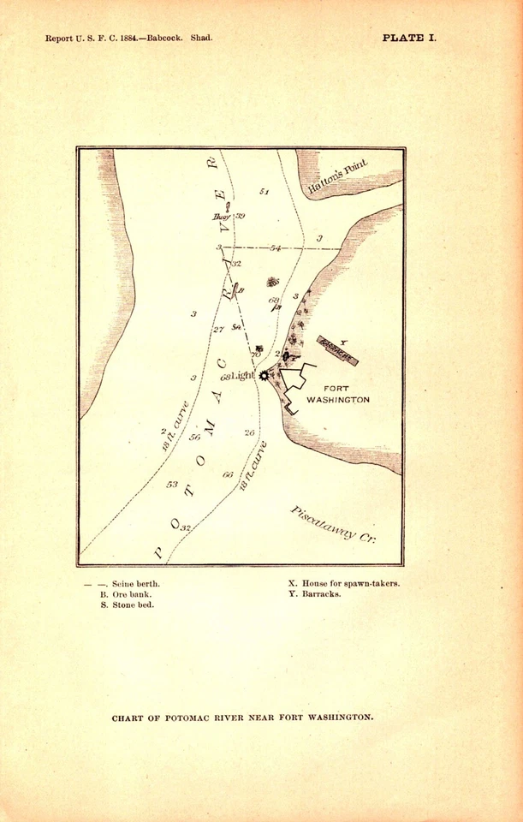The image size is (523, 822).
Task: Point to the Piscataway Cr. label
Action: click(333, 523)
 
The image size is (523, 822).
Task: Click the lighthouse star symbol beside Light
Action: click(264, 375)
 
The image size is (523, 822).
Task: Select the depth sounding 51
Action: click(264, 192)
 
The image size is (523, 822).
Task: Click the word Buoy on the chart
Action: click(223, 217)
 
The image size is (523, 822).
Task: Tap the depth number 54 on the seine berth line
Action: click(275, 247)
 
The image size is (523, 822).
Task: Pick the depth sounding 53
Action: click(172, 484)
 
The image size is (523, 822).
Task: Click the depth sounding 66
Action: click(228, 474)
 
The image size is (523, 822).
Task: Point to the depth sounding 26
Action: click(249, 432)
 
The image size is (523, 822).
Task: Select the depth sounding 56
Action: click(194, 438)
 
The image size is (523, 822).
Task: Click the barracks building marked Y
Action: click(337, 349)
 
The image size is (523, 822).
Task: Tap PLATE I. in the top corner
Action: click(408, 38)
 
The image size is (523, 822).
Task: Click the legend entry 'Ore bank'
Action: click(130, 593)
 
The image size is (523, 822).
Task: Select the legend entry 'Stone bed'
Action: click(131, 605)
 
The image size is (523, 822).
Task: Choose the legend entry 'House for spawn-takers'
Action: click(349, 583)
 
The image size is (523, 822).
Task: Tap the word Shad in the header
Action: click(202, 39)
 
